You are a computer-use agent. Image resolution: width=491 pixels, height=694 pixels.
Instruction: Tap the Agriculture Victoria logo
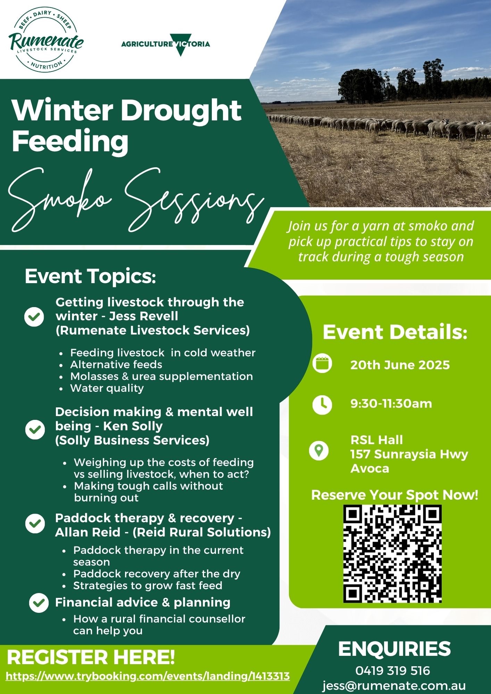(x=166, y=44)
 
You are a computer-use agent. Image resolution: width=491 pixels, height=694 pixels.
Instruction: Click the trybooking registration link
(x=148, y=676)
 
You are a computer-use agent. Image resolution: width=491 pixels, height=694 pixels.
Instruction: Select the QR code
(x=392, y=554)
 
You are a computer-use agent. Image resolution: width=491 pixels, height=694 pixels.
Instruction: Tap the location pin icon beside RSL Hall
(x=319, y=451)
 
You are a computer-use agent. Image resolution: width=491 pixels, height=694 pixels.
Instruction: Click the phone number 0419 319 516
(x=393, y=670)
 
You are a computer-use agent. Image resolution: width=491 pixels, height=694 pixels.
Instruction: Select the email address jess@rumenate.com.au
(x=394, y=686)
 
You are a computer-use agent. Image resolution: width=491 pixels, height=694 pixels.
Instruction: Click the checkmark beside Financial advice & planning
(x=39, y=603)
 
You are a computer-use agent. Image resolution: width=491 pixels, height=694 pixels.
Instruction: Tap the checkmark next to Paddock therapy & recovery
(x=35, y=524)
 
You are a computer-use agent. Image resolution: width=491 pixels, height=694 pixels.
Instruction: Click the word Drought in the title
(x=181, y=110)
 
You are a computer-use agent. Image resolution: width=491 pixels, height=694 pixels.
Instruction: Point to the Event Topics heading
(x=90, y=277)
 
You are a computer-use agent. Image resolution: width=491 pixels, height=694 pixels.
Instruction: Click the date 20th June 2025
(x=400, y=365)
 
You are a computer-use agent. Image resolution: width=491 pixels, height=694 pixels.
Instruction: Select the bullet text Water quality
(x=107, y=388)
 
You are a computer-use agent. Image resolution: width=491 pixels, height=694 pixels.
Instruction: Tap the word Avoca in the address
(x=370, y=468)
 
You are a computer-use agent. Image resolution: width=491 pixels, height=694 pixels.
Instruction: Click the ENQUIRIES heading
(x=394, y=649)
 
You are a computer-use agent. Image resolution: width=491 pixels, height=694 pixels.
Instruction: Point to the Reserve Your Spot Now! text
(x=395, y=495)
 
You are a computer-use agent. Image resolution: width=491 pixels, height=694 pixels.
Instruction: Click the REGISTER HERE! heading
(x=91, y=658)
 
